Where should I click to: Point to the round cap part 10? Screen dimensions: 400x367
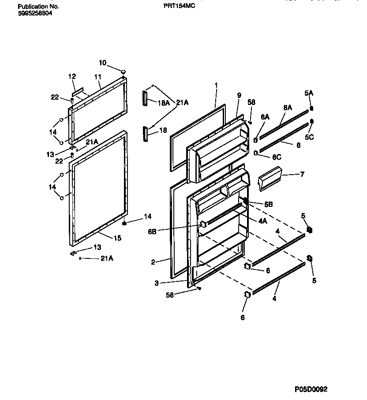[x=124, y=71]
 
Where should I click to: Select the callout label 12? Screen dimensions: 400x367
[x=72, y=77]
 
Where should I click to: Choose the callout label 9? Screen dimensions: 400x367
[x=239, y=95]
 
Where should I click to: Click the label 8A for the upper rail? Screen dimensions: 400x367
[x=288, y=107]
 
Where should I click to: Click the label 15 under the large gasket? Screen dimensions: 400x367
[x=117, y=238]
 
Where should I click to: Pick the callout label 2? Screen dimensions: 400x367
[x=153, y=262]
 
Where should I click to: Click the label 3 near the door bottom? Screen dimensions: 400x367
[x=157, y=283]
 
